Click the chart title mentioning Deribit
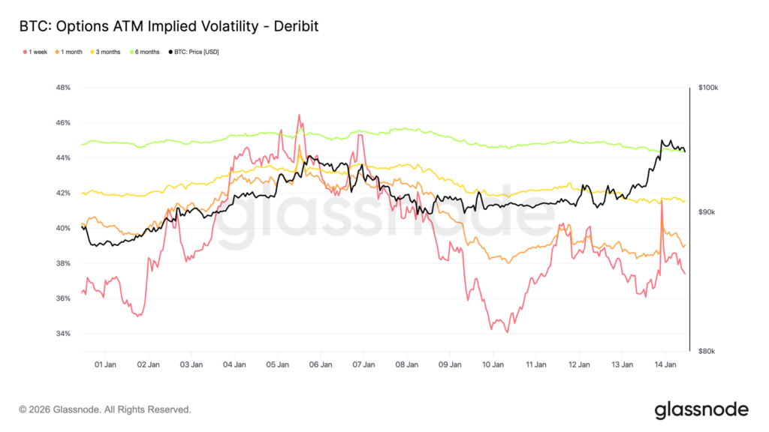coord(169,27)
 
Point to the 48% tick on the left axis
coord(63,88)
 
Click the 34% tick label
coord(63,334)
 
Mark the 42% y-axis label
coord(63,193)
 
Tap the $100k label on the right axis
coord(708,88)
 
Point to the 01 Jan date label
coord(105,365)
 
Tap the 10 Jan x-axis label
coord(493,365)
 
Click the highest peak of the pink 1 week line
coord(299,115)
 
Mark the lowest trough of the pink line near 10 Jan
coord(507,332)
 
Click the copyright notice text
coord(105,410)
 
